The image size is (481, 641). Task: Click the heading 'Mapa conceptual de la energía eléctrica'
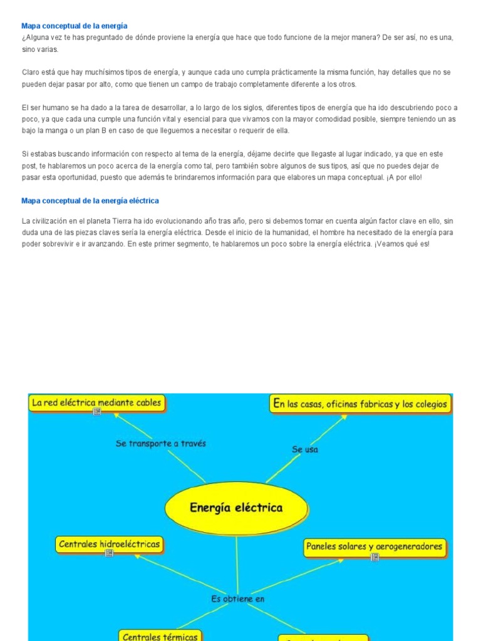[90, 201]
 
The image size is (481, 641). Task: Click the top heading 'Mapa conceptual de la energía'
[74, 26]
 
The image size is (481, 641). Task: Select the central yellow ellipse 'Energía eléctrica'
[236, 507]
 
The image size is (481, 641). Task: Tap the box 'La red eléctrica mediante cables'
[96, 403]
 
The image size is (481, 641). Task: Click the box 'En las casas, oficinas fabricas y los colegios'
[360, 404]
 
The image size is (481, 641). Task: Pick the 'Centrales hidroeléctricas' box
[109, 544]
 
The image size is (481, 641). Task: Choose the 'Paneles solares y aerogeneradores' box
[374, 546]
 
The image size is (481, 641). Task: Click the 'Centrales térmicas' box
[160, 635]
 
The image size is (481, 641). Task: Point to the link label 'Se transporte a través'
[161, 443]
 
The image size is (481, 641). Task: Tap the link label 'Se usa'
[305, 449]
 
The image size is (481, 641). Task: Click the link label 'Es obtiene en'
[238, 598]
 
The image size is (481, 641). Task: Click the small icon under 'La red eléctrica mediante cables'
[96, 412]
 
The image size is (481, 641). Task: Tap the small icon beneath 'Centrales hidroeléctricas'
[109, 553]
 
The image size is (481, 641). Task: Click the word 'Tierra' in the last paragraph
[122, 221]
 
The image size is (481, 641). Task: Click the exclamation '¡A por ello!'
[405, 178]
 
